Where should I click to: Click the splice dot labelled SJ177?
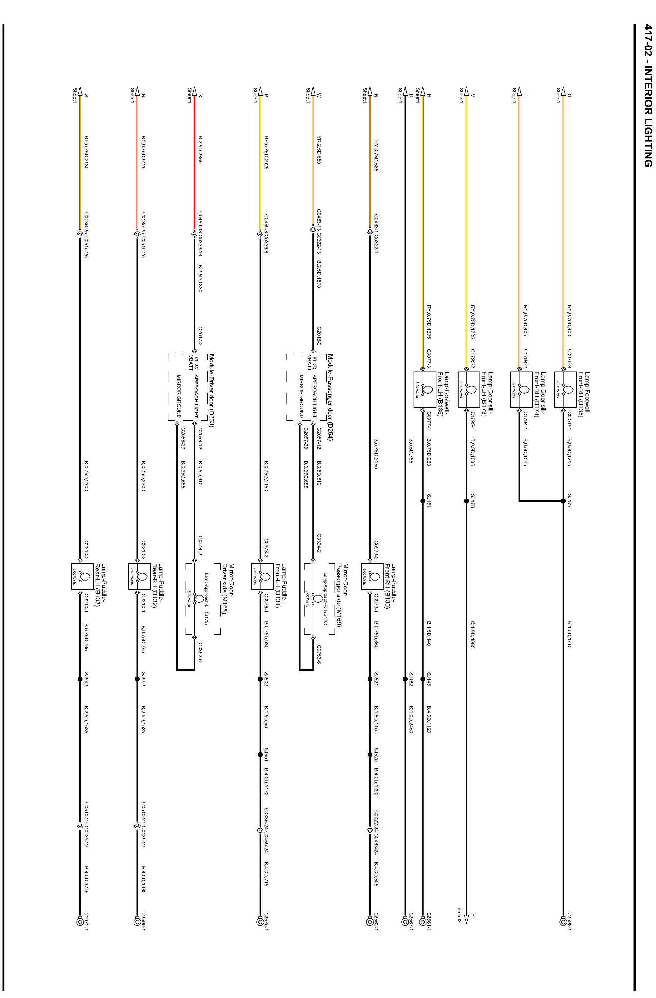(563, 501)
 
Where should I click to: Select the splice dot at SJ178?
(466, 501)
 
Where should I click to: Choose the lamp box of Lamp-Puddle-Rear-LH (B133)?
(80, 577)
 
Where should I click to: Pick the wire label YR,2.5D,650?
(319, 150)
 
